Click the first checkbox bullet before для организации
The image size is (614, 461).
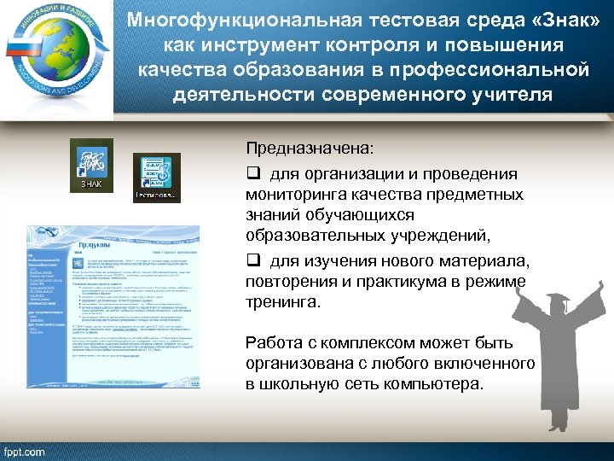pyautogui.click(x=253, y=174)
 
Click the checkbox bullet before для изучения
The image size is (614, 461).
pyautogui.click(x=253, y=260)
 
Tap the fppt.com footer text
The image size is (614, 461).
pyautogui.click(x=25, y=450)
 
